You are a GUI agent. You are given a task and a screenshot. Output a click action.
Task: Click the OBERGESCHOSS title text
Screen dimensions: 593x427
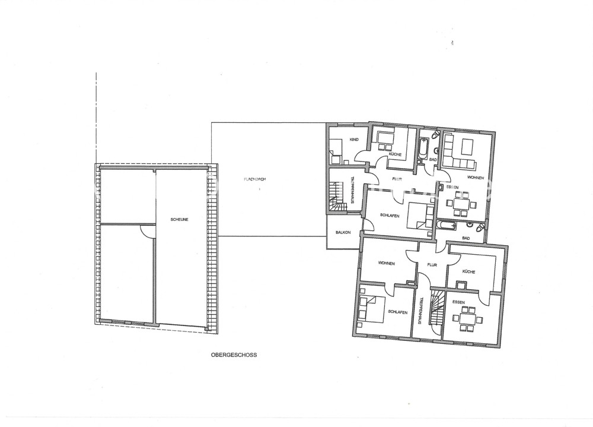pyautogui.click(x=234, y=355)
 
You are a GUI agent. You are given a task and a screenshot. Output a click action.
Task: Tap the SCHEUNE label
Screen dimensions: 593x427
pyautogui.click(x=179, y=219)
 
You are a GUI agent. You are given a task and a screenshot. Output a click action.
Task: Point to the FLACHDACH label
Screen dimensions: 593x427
pyautogui.click(x=255, y=179)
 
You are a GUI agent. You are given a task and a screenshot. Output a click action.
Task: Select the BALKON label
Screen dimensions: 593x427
pyautogui.click(x=343, y=232)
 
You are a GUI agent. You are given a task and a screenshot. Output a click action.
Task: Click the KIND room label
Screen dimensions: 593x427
pyautogui.click(x=354, y=140)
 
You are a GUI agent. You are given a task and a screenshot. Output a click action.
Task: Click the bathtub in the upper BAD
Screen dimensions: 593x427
pyautogui.click(x=422, y=148)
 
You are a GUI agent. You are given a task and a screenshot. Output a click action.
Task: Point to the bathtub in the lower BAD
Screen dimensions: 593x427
pyautogui.click(x=447, y=226)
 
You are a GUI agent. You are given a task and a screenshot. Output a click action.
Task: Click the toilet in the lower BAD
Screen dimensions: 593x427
pyautogui.click(x=480, y=227)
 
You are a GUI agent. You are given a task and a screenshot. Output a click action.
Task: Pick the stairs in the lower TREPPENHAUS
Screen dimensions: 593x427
pyautogui.click(x=437, y=308)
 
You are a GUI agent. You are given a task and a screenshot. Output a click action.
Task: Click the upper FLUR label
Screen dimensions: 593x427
pyautogui.click(x=397, y=179)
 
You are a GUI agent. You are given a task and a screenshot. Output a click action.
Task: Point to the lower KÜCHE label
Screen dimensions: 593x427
pyautogui.click(x=468, y=271)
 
